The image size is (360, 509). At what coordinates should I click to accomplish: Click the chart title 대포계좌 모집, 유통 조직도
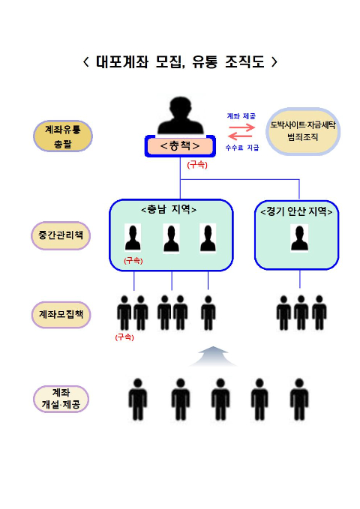pyautogui.click(x=180, y=61)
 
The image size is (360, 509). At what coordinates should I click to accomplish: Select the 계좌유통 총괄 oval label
pyautogui.click(x=63, y=136)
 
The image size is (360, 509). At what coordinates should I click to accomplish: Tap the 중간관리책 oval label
pyautogui.click(x=61, y=235)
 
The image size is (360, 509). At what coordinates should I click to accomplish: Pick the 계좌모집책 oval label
pyautogui.click(x=61, y=315)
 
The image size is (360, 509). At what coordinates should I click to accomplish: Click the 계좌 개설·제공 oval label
pyautogui.click(x=61, y=399)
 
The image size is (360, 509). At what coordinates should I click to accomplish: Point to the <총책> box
pyautogui.click(x=180, y=146)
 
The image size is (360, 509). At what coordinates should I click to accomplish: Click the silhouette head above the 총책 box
pyautogui.click(x=180, y=115)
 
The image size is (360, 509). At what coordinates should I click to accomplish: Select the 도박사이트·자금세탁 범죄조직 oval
pyautogui.click(x=303, y=131)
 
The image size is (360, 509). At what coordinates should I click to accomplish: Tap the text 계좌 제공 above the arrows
pyautogui.click(x=241, y=116)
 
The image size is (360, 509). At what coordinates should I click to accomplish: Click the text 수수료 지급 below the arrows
pyautogui.click(x=242, y=148)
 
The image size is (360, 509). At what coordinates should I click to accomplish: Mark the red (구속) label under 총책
pyautogui.click(x=197, y=165)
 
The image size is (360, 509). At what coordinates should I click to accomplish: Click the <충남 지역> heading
pyautogui.click(x=169, y=209)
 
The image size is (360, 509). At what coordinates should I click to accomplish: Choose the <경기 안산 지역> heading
pyautogui.click(x=296, y=211)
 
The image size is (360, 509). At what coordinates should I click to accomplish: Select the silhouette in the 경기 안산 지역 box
pyautogui.click(x=299, y=238)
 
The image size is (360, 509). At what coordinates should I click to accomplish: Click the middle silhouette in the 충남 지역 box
pyautogui.click(x=171, y=238)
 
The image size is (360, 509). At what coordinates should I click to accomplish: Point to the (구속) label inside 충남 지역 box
pyautogui.click(x=133, y=261)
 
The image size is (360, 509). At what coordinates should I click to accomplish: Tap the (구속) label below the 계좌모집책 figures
pyautogui.click(x=124, y=337)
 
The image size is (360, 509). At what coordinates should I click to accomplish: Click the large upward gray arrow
pyautogui.click(x=213, y=356)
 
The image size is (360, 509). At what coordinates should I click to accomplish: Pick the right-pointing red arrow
pyautogui.click(x=241, y=127)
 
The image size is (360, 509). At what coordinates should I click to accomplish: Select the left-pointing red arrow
pyautogui.click(x=240, y=136)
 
